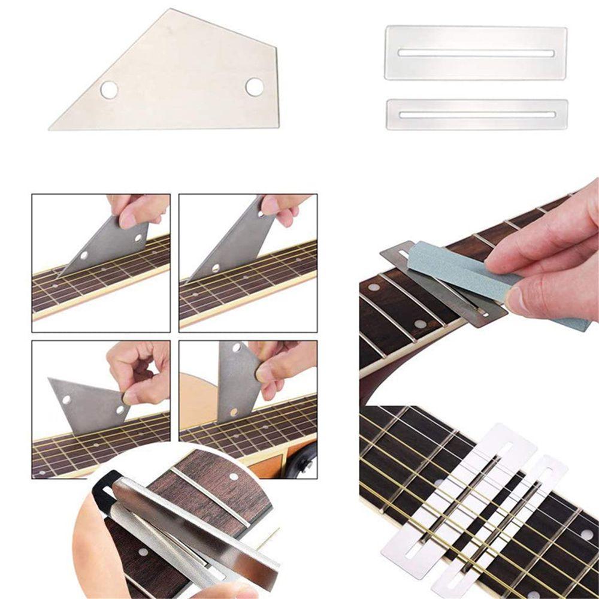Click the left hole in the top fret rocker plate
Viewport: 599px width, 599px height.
109,90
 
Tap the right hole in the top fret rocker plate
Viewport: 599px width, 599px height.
255,87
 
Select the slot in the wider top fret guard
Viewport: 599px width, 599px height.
476,53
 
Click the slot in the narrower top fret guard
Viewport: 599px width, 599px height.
477,114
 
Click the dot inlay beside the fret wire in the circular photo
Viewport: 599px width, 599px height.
234,477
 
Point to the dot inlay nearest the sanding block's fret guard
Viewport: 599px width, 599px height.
420,324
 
